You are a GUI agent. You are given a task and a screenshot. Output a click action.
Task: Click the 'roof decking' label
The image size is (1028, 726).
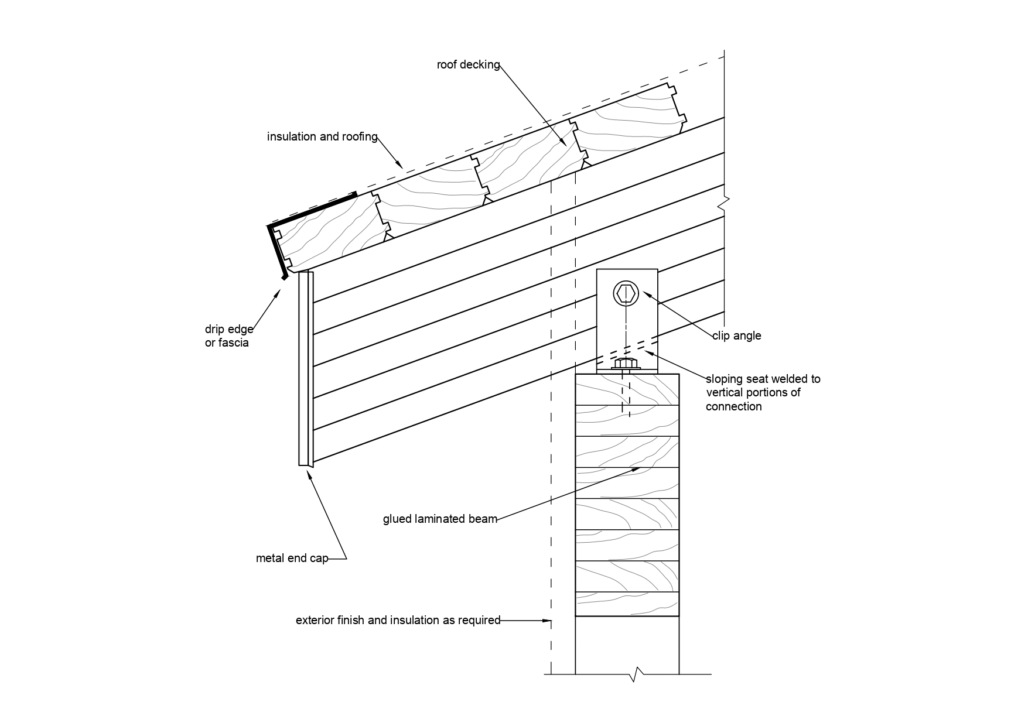pyautogui.click(x=468, y=65)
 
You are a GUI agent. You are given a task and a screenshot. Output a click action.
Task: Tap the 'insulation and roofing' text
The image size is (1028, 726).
pyautogui.click(x=322, y=137)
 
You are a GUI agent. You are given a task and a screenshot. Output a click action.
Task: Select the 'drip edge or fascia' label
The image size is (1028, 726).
pyautogui.click(x=229, y=336)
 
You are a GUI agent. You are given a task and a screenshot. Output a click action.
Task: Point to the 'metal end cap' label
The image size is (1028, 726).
pyautogui.click(x=292, y=559)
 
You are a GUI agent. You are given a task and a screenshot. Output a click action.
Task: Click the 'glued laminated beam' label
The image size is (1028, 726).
pyautogui.click(x=440, y=519)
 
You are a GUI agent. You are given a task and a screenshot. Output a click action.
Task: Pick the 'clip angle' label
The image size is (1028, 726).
pyautogui.click(x=737, y=336)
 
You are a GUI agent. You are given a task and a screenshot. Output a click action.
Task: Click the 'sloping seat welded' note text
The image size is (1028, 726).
pyautogui.click(x=763, y=392)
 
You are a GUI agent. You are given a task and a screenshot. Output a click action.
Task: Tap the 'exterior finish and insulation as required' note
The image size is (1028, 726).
pyautogui.click(x=398, y=620)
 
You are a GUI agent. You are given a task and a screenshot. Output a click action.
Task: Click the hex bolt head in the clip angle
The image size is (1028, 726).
pyautogui.click(x=626, y=293)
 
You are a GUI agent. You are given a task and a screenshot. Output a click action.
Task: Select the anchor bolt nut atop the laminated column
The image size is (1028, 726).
pyautogui.click(x=627, y=364)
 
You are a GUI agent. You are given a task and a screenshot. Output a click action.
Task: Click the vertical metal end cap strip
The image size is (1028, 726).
pyautogui.click(x=306, y=369)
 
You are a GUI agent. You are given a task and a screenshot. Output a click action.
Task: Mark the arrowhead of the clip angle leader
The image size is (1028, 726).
pyautogui.click(x=646, y=294)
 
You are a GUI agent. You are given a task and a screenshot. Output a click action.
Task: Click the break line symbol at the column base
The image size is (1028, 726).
pyautogui.click(x=637, y=674)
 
